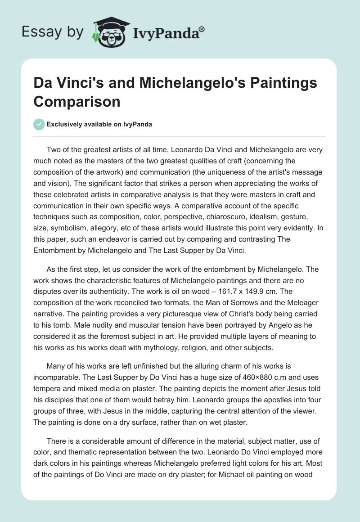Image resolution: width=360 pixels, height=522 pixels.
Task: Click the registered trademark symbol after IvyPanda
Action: pyautogui.click(x=202, y=28)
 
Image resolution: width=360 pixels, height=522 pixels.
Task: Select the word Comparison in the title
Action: pyautogui.click(x=77, y=101)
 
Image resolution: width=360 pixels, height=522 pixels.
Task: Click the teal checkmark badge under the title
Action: pyautogui.click(x=39, y=124)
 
